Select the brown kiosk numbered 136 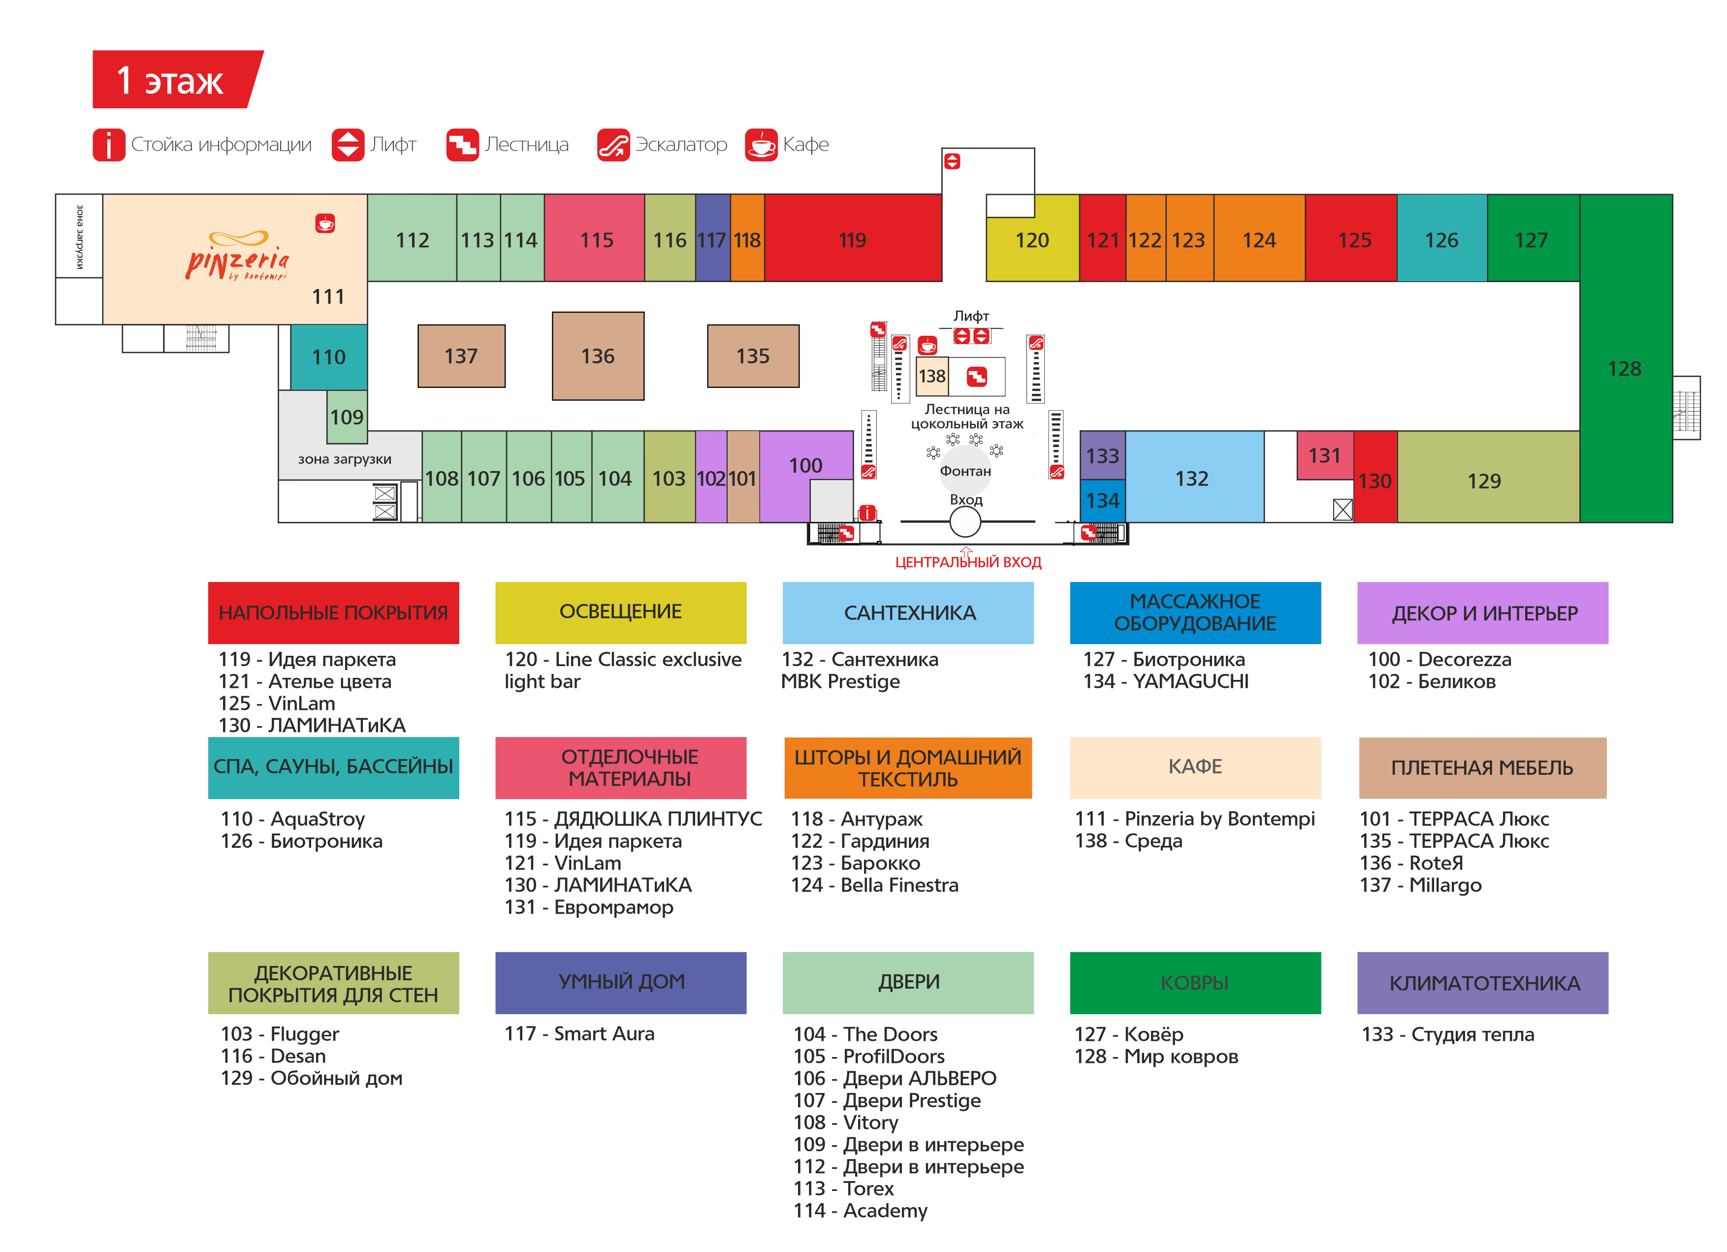[598, 355]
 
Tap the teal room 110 [328, 356]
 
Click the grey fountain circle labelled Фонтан [965, 471]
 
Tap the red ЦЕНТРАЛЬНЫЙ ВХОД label [968, 563]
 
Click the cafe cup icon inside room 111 [325, 223]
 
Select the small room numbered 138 [932, 376]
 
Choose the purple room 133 [1102, 455]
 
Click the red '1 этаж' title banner [175, 79]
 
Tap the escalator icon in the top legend [613, 144]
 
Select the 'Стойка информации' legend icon [109, 144]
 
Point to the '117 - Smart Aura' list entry [579, 1033]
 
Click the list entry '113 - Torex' [844, 1188]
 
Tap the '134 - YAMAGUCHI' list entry [1166, 681]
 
